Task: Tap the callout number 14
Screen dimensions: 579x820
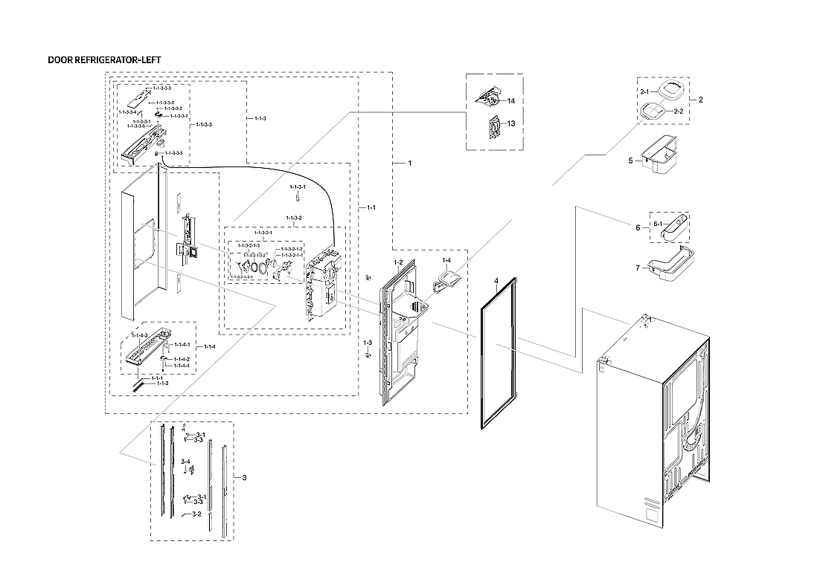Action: point(511,100)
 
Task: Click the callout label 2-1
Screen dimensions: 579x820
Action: point(644,91)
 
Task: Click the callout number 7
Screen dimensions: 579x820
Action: point(637,268)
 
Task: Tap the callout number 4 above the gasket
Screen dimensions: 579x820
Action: point(495,281)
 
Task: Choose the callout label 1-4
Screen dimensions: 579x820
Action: point(446,261)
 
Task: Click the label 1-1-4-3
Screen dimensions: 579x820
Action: point(140,335)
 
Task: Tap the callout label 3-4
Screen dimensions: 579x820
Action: point(185,462)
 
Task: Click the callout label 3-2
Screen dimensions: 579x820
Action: point(197,514)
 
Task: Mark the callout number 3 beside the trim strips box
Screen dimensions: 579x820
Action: point(244,477)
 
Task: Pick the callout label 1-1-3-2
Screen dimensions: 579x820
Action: point(294,218)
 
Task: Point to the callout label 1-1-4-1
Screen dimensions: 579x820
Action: point(182,346)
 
